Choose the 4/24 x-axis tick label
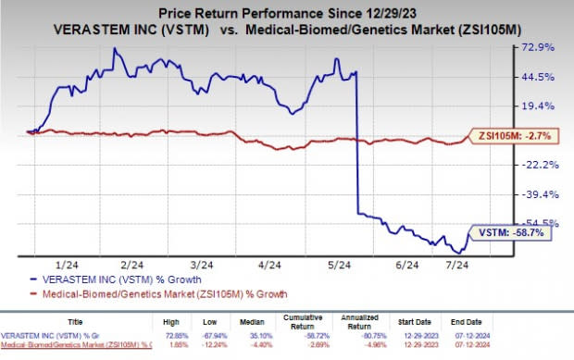tap(269, 265)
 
